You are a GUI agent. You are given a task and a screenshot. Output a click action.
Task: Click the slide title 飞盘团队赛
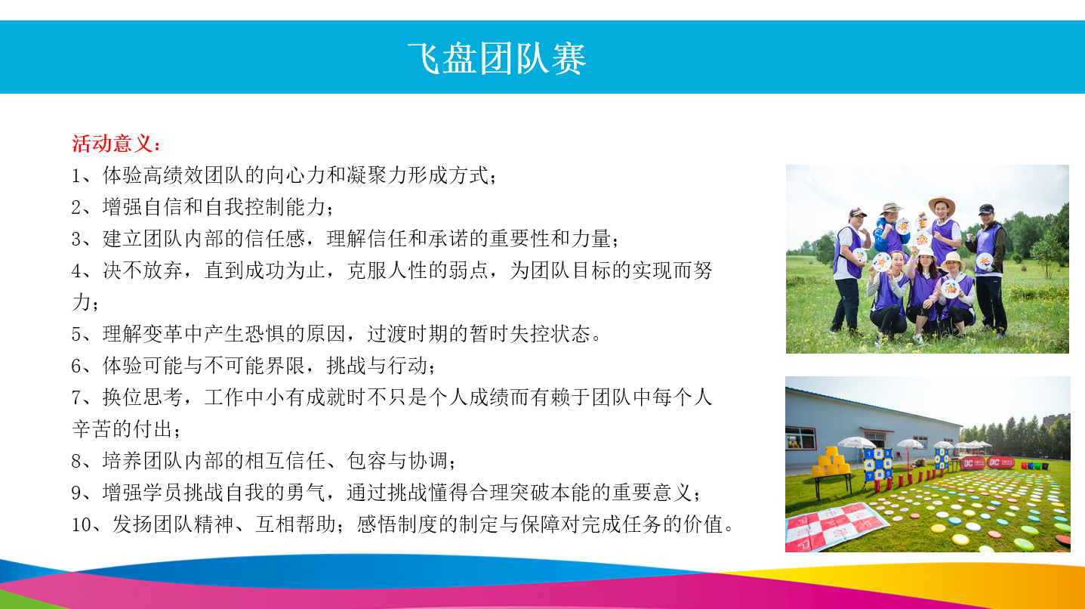pos(497,59)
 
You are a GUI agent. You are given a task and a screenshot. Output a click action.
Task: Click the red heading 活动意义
pos(112,144)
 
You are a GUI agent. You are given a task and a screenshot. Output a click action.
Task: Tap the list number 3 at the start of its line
pos(76,239)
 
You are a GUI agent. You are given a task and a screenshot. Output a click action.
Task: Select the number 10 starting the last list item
pos(82,524)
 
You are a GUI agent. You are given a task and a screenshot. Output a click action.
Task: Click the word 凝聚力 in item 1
pos(377,175)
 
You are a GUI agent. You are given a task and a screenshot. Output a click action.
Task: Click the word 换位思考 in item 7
pos(143,397)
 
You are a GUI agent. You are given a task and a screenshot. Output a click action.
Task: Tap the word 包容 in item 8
pos(367,461)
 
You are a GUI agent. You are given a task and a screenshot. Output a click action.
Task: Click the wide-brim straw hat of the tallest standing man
pos(942,205)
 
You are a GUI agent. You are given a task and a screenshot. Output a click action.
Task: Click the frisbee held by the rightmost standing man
pos(984,262)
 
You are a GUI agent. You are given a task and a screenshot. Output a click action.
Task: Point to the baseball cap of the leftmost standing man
pos(857,212)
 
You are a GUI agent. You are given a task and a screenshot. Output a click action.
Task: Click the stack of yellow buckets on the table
pos(831,461)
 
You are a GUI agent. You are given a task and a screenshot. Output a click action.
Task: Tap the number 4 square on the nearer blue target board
pos(870,465)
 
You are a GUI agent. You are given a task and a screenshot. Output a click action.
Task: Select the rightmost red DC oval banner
pos(1000,462)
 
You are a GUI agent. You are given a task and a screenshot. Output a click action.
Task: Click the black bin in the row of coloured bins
pos(1044,466)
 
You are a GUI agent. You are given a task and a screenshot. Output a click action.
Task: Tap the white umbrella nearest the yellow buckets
pos(857,442)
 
